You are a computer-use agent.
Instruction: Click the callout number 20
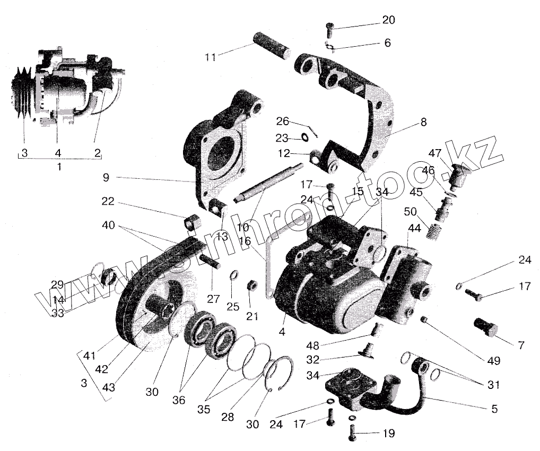pos(388,20)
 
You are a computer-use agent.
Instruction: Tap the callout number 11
pos(211,57)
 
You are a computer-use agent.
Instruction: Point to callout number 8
pos(423,122)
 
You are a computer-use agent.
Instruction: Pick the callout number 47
pos(435,153)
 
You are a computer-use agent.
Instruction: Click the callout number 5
pos(494,409)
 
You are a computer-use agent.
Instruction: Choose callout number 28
pos(228,417)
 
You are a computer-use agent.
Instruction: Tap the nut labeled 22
pos(192,222)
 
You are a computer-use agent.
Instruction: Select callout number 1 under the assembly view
pos(59,166)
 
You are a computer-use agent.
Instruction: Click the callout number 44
pos(413,228)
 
